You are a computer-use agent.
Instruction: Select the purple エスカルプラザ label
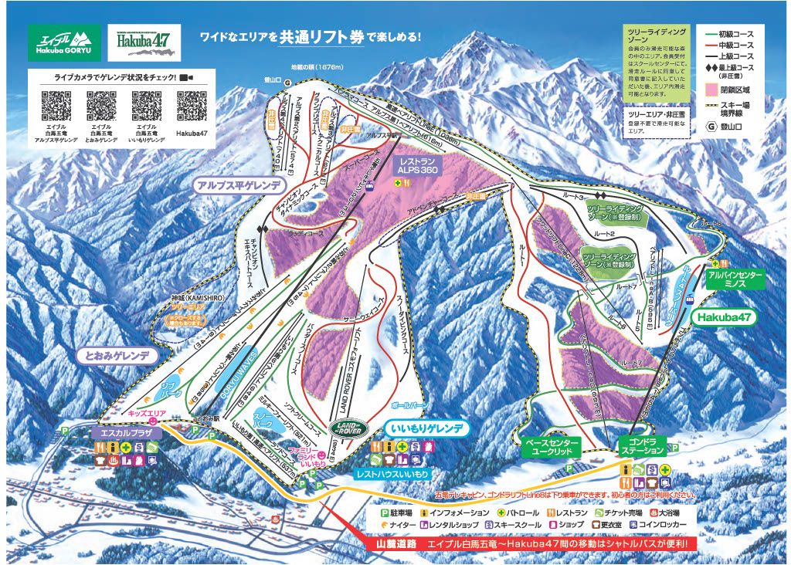(127, 434)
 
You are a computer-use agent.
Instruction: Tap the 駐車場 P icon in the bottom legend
(384, 513)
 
